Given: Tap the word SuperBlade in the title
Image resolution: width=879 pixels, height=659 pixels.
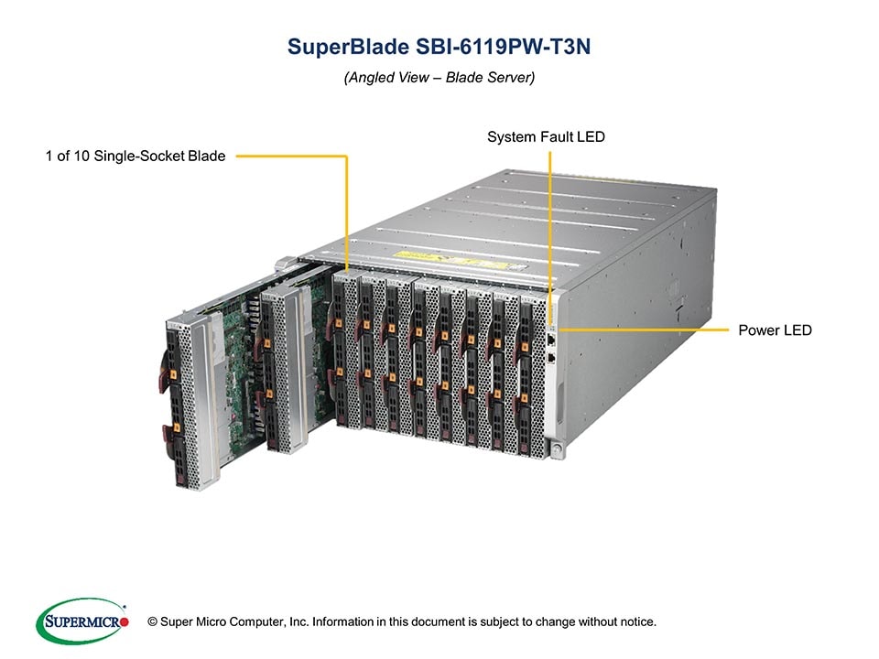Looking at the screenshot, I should click(x=331, y=48).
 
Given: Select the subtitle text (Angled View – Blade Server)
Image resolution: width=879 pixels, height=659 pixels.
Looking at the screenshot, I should click(x=439, y=78).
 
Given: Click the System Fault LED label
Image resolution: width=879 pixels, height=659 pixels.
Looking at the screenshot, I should click(x=546, y=137).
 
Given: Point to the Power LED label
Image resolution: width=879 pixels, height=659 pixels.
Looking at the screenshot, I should click(x=775, y=329).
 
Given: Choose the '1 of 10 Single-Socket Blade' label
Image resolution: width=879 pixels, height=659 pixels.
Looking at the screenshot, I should click(x=136, y=157).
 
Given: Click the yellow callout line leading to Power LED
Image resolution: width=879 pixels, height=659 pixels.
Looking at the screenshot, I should click(x=641, y=329).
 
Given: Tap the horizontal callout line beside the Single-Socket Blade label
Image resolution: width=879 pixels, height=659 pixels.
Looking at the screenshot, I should click(x=288, y=157).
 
